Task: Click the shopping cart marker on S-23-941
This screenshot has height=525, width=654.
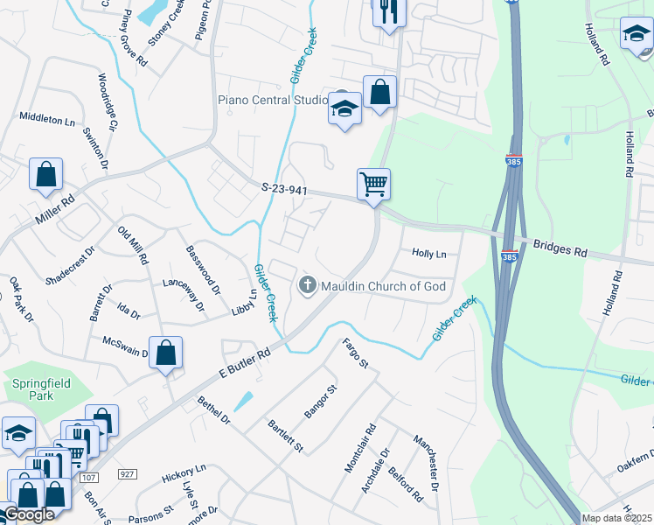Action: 373,185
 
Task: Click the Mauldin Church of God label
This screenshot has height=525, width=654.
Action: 383,286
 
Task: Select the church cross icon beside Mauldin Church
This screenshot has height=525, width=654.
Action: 307,285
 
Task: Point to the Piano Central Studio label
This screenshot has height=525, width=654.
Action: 272,100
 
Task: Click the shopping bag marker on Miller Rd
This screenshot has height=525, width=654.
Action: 45,172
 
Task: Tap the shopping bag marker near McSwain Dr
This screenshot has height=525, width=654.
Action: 165,353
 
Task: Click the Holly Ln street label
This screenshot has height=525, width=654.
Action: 428,254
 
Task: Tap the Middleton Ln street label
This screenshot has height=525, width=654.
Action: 47,118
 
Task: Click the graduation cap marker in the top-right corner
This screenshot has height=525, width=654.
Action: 636,34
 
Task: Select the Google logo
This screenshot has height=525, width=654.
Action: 28,514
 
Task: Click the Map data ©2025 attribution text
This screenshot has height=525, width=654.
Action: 616,518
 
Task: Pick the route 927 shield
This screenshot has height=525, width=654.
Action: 127,474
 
